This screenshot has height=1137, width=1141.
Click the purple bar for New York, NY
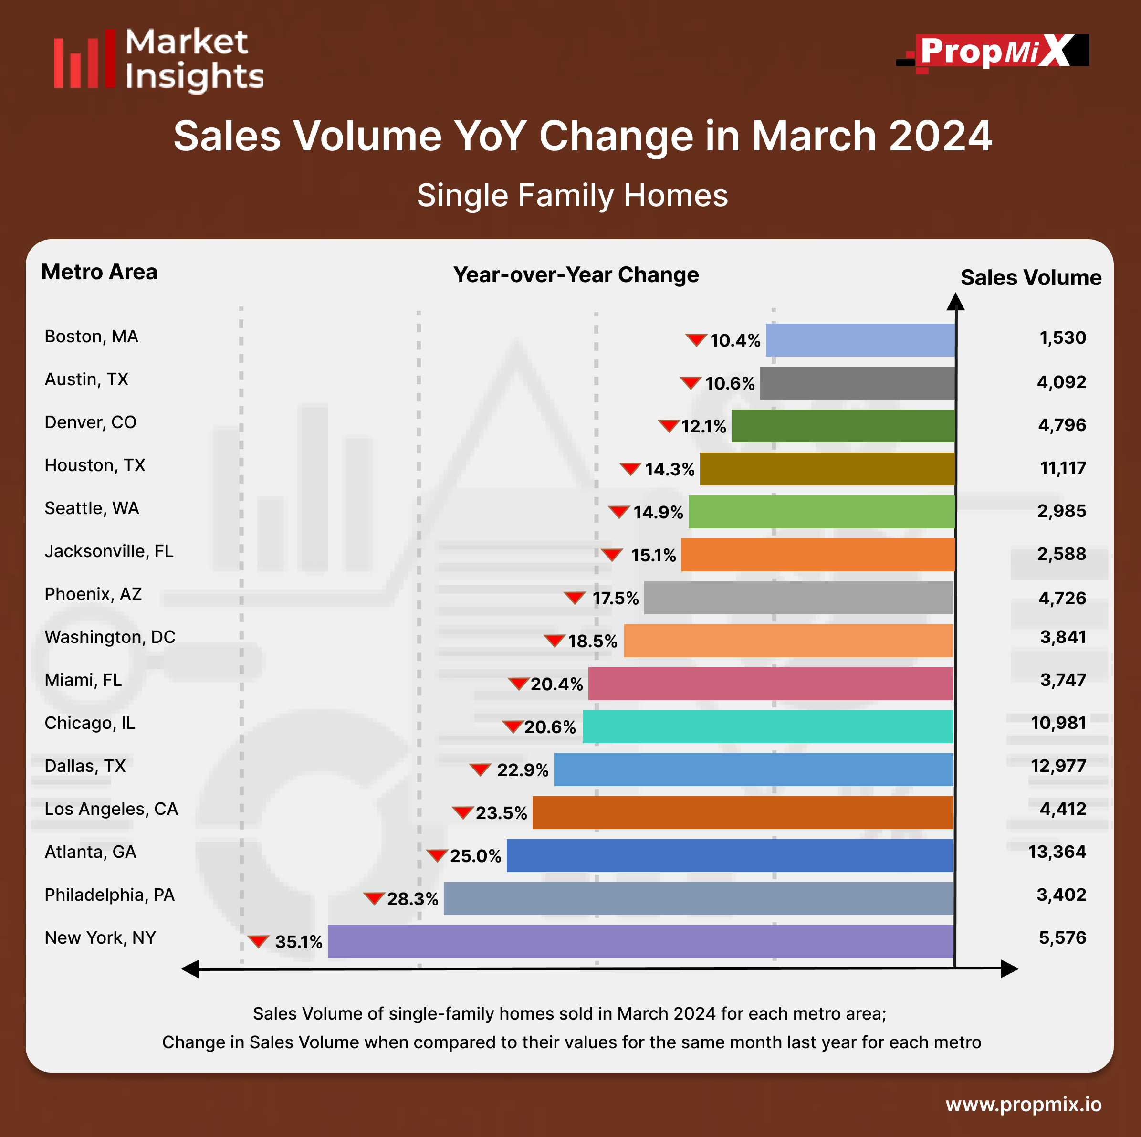[x=641, y=941]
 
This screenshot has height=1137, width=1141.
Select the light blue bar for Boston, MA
[x=860, y=340]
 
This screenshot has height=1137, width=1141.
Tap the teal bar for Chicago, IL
[x=768, y=726]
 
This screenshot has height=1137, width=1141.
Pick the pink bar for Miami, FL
[x=771, y=684]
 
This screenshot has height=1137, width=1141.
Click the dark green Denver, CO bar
[x=843, y=426]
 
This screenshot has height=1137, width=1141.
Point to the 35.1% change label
[x=298, y=941]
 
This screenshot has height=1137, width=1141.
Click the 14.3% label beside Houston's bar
[x=669, y=469]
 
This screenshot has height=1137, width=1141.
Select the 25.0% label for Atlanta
[x=475, y=856]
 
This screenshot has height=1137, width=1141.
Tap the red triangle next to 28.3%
[x=374, y=898]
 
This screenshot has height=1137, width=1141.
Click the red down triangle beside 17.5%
[x=574, y=597]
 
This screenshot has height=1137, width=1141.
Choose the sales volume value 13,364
[x=1057, y=852]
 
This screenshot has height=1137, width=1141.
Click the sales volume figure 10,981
[x=1058, y=723]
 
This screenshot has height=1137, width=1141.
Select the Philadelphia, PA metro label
[x=110, y=895]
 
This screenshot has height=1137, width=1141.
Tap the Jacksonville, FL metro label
[x=109, y=551]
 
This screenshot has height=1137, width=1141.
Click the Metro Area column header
[x=99, y=272]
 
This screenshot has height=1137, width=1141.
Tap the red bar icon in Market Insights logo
[x=84, y=60]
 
